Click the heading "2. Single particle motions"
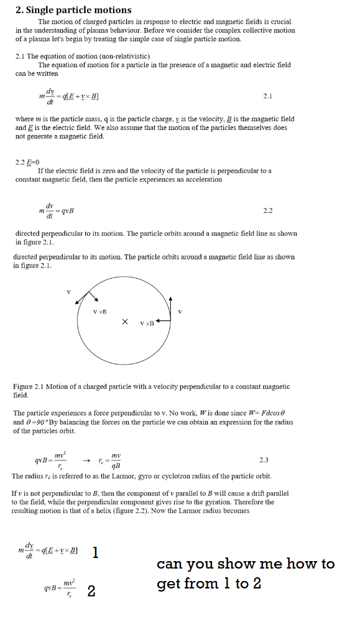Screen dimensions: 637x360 click(73, 9)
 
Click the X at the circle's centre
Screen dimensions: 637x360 click(125, 322)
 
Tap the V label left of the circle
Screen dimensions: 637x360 click(69, 291)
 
